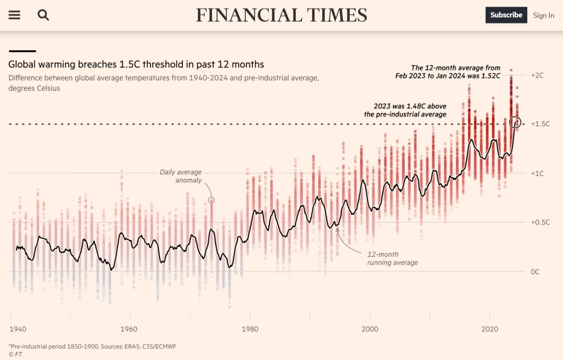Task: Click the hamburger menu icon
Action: click(14, 15)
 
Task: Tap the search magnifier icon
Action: click(43, 15)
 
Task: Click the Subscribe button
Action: click(506, 15)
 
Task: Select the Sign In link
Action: click(544, 15)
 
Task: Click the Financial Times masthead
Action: click(282, 15)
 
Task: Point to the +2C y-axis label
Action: click(537, 75)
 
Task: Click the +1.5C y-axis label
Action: click(540, 124)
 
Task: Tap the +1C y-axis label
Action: click(537, 173)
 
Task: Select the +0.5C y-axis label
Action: click(540, 222)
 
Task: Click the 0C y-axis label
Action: click(535, 272)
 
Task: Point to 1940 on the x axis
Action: click(18, 329)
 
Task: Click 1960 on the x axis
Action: click(129, 329)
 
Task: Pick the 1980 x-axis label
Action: click(250, 329)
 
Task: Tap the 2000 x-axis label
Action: click(370, 329)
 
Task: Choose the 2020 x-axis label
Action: click(490, 329)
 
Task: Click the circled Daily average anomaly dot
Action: click(211, 200)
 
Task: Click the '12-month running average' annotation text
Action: click(392, 258)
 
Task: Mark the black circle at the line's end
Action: click(516, 122)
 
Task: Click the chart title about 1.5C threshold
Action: click(136, 65)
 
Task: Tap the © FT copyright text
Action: click(15, 354)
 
